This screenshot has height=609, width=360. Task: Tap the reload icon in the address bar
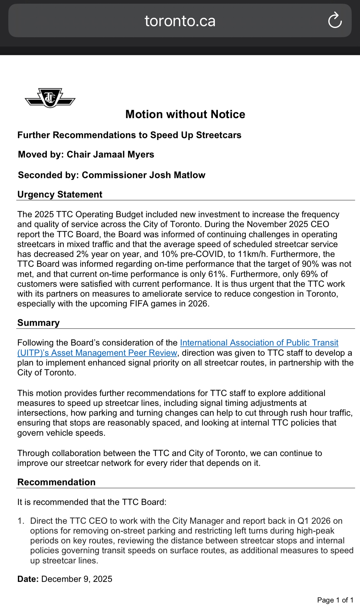(x=335, y=21)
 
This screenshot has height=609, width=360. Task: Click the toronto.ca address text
(x=180, y=21)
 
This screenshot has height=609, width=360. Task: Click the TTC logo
(x=50, y=98)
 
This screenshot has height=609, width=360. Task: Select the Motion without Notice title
(x=185, y=114)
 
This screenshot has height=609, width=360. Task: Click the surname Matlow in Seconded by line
(x=189, y=175)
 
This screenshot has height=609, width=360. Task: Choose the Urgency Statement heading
(x=60, y=194)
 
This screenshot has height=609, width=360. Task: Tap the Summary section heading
(x=38, y=323)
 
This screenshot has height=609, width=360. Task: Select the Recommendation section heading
(x=56, y=482)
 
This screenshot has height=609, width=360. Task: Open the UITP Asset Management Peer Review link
(x=259, y=343)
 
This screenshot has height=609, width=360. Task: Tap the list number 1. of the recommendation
(x=21, y=521)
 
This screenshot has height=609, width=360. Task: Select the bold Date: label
(x=28, y=579)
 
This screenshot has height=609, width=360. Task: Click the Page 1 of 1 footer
(x=335, y=600)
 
